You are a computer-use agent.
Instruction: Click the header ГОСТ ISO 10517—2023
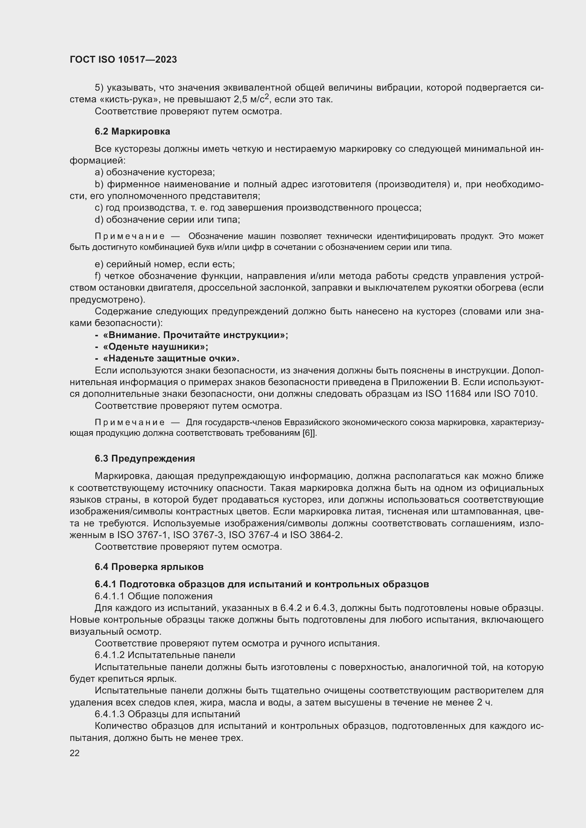pos(123,59)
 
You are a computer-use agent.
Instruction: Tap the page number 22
pos(75,753)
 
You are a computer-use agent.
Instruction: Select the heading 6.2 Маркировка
pos(133,131)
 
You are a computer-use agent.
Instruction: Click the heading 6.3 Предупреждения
pos(145,458)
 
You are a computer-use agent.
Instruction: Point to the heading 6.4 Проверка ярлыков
pos(149,566)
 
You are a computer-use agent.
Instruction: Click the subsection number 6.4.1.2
pos(110,655)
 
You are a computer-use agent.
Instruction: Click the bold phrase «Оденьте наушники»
pos(156,347)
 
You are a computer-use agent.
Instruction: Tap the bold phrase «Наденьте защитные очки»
pos(171,359)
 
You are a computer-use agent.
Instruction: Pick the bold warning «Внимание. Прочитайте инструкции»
pos(195,335)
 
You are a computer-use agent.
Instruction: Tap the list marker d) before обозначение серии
pos(99,219)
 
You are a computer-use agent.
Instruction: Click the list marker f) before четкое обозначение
pos(98,276)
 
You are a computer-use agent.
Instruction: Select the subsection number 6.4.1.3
pos(110,714)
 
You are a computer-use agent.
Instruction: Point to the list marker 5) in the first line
pos(99,88)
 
